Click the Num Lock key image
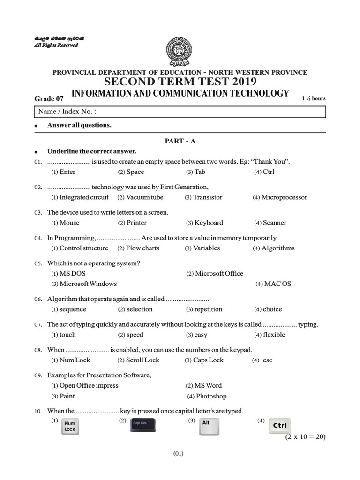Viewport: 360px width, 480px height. coord(70,426)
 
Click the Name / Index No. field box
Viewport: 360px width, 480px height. coord(180,112)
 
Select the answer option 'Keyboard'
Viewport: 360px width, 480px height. coord(209,223)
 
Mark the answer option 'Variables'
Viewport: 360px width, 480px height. coord(206,248)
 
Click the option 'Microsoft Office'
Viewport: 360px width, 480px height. coord(219,273)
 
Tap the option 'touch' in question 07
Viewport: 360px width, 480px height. coord(67,335)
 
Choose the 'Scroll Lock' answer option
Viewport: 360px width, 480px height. coord(142,360)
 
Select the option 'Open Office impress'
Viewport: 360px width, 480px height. coord(89,385)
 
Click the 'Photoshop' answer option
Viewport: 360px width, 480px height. coord(211,396)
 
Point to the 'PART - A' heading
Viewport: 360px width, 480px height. coord(180,141)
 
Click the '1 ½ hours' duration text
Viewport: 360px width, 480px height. coord(314,98)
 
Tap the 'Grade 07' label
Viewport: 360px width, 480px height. coord(49,98)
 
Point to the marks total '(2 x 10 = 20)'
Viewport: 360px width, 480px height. coord(305,437)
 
